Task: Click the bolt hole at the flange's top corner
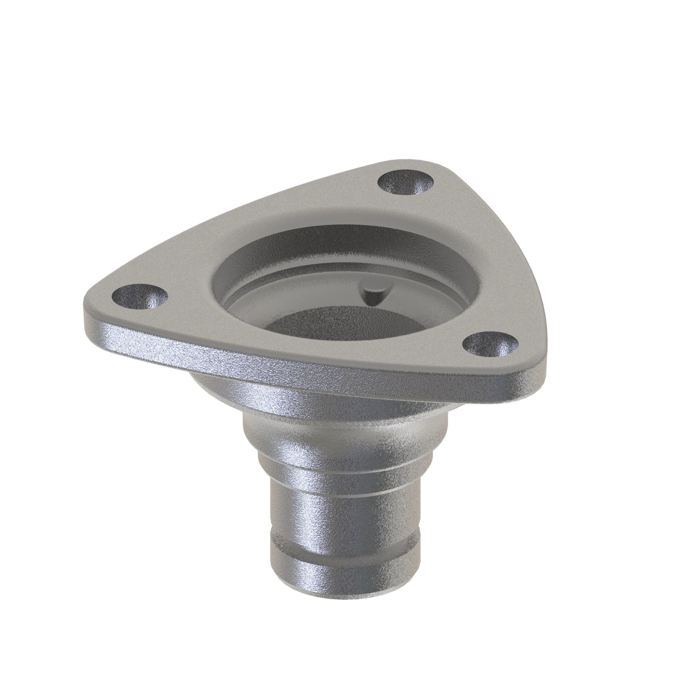tap(405, 183)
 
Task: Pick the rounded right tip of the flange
tap(532, 369)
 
